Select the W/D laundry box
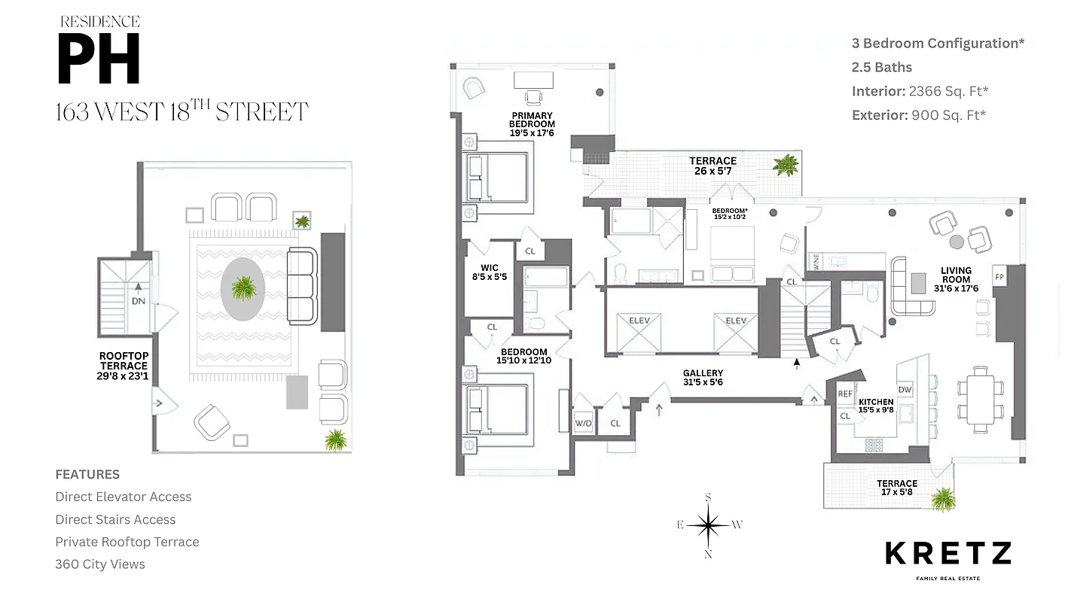584,424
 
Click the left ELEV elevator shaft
639,332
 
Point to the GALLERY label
703,378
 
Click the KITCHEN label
876,406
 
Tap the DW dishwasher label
905,390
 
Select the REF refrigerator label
845,394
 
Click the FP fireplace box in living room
999,276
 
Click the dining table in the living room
980,398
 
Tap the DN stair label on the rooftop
139,301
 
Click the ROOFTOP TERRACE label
124,366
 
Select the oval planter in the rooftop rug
243,289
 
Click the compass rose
708,525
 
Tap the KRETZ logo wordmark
947,554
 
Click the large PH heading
99,60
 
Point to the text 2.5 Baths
881,67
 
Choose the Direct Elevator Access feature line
123,497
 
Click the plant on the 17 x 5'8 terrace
942,498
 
